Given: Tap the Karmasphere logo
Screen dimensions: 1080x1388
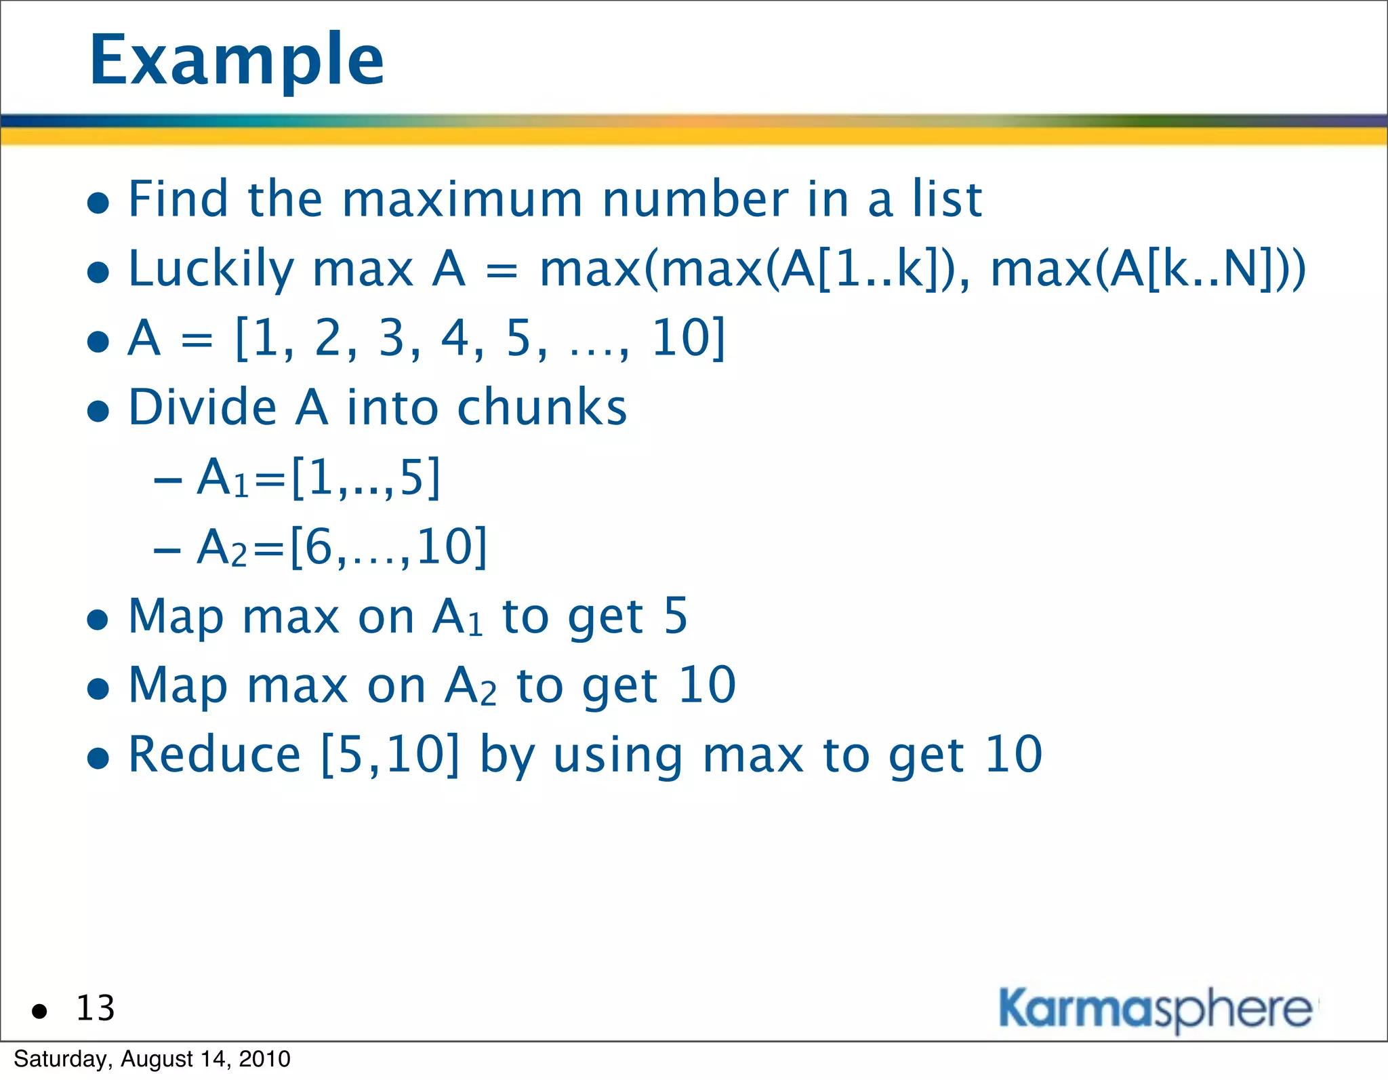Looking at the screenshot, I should point(1156,1009).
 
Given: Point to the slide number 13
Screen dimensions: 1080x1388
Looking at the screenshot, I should point(96,1008).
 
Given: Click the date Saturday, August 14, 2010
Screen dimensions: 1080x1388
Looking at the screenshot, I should point(152,1059).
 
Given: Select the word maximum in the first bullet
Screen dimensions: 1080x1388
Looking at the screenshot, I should point(462,200).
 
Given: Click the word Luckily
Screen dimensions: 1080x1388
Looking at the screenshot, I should point(211,270).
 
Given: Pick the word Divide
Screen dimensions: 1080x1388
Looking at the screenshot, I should point(203,408).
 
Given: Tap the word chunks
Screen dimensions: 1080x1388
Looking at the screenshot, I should point(542,408).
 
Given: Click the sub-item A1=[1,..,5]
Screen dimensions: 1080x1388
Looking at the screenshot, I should point(319,478).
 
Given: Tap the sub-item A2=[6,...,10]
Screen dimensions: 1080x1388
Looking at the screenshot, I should point(342,547).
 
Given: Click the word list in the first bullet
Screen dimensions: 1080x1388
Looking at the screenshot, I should point(947,200).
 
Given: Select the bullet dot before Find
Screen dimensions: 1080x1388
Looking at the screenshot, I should point(99,203).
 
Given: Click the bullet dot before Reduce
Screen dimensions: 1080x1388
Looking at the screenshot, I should point(99,759).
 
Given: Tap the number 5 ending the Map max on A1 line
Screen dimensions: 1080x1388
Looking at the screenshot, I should point(675,616).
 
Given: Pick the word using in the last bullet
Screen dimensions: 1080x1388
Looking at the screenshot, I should point(617,756).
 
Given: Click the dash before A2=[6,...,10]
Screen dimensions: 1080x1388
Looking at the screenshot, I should point(167,550).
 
